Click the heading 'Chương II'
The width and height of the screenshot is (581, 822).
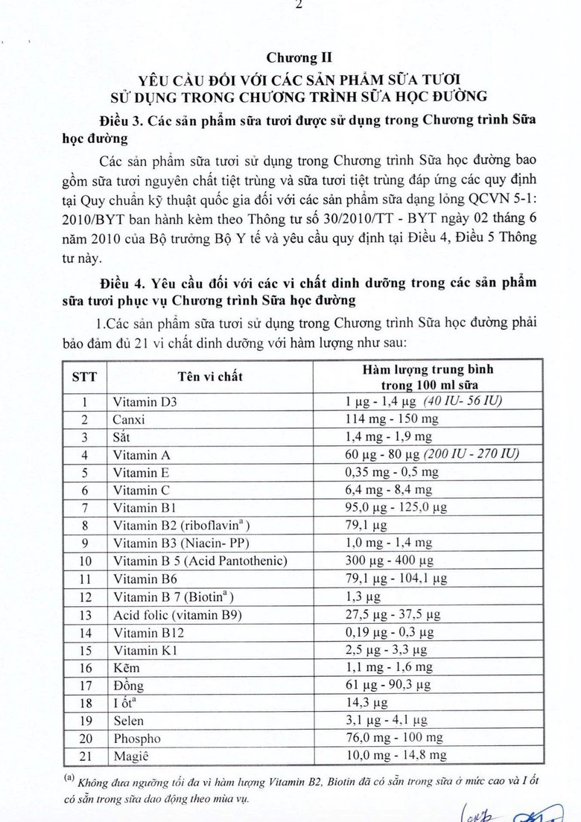(290, 57)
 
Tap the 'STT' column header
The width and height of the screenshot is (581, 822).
(83, 376)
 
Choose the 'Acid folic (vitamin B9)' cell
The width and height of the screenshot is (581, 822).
(177, 614)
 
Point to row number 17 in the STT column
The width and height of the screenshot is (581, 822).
(83, 685)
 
